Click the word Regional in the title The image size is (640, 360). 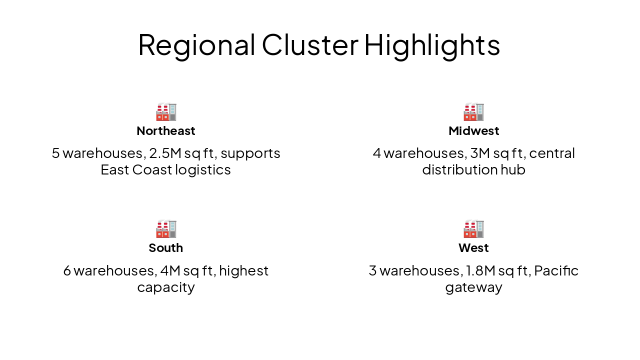point(196,44)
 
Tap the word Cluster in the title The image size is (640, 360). point(309,44)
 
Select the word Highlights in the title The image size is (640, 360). point(432,44)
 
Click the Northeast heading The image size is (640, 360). point(166,131)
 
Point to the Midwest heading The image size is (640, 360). point(473,131)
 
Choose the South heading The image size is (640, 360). point(166,248)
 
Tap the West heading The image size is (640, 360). point(473,248)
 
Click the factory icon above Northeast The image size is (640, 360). point(166,112)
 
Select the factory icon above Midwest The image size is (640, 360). point(473,112)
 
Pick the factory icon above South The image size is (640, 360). point(166,229)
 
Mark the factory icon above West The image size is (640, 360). point(473,229)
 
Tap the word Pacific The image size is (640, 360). point(556,270)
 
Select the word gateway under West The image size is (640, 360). point(473,288)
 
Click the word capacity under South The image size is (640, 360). point(166,288)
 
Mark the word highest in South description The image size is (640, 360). point(243,270)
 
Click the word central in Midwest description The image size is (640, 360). point(552,153)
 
